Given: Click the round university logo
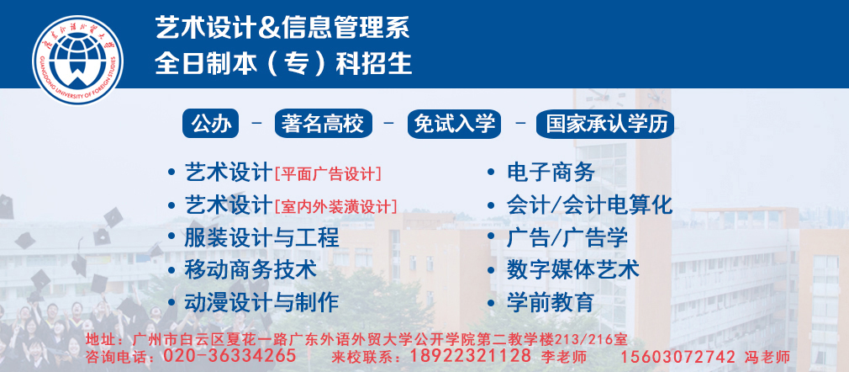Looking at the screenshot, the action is pyautogui.click(x=77, y=61).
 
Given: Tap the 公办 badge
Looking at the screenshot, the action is pyautogui.click(x=211, y=124).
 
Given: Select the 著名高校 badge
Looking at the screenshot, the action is pyautogui.click(x=324, y=124).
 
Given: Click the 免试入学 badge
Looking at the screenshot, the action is pyautogui.click(x=454, y=124).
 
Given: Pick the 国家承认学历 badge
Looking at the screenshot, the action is pyautogui.click(x=605, y=124).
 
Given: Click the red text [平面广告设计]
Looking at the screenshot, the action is pyautogui.click(x=328, y=174).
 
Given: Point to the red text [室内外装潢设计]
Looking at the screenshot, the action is pyautogui.click(x=336, y=206).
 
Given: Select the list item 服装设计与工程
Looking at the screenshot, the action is pyautogui.click(x=262, y=237).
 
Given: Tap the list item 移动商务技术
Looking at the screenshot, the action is pyautogui.click(x=250, y=269).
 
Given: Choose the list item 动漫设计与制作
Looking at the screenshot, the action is pyautogui.click(x=262, y=301).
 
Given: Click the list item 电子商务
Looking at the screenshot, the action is pyautogui.click(x=551, y=173).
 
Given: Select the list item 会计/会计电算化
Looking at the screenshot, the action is pyautogui.click(x=589, y=205).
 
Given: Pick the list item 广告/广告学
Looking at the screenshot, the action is pyautogui.click(x=567, y=237).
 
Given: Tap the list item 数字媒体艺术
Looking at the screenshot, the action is pyautogui.click(x=572, y=269).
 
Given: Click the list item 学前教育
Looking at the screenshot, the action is pyautogui.click(x=551, y=301).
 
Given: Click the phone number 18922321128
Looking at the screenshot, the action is pyautogui.click(x=471, y=356).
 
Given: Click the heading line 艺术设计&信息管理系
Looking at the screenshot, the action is pyautogui.click(x=282, y=28).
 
